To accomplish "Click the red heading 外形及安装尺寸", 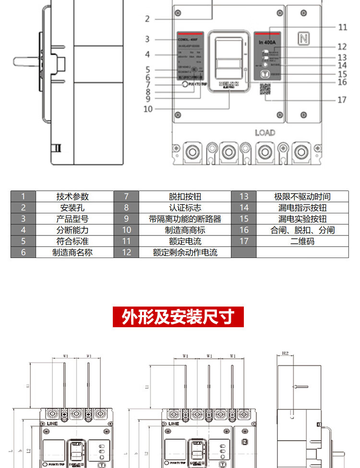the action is (178, 317).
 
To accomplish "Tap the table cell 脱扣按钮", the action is (185, 197).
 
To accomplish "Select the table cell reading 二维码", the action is (302, 241).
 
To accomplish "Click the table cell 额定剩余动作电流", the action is (185, 252).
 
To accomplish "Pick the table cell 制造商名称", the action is (72, 252).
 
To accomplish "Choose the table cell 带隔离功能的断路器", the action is (185, 219).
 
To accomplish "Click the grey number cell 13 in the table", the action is (244, 197).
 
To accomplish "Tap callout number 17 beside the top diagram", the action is (342, 100).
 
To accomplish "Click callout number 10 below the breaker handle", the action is (148, 109).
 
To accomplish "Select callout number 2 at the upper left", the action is (147, 19).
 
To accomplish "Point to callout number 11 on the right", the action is (342, 27).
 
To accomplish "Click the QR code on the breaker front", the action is (265, 90).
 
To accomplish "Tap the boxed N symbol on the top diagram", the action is (303, 39).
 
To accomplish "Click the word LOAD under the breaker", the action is (264, 133).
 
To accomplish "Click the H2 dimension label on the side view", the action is (285, 354).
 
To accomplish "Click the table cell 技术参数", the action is (72, 197).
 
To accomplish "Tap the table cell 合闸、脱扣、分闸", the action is (302, 230).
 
